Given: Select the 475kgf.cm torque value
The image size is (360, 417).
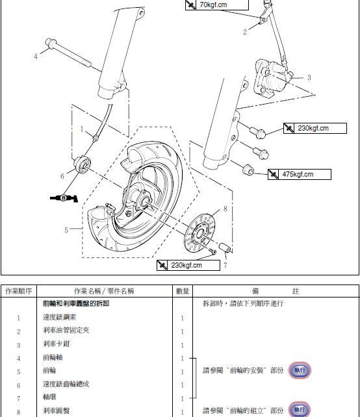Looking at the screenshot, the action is pyautogui.click(x=298, y=175).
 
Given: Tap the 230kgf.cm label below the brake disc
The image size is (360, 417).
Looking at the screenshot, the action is pyautogui.click(x=186, y=265).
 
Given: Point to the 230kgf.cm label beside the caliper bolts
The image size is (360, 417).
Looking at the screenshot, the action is pyautogui.click(x=313, y=128).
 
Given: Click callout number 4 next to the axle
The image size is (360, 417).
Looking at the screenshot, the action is pyautogui.click(x=36, y=56).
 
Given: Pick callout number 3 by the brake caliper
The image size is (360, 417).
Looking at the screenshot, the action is pyautogui.click(x=309, y=77).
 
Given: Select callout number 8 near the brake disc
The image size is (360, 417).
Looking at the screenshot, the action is pyautogui.click(x=225, y=208).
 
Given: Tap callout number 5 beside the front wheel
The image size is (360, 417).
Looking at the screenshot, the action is pyautogui.click(x=66, y=230).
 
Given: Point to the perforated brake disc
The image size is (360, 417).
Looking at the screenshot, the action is pyautogui.click(x=199, y=234).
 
